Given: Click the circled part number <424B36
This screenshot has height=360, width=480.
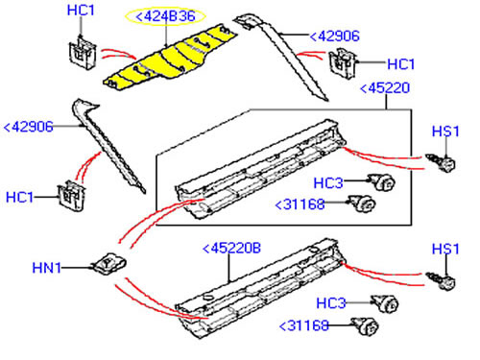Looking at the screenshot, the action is [x=165, y=16].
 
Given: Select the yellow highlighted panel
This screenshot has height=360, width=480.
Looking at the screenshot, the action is [x=170, y=58].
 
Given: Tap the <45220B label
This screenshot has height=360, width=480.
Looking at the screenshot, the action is [x=232, y=249].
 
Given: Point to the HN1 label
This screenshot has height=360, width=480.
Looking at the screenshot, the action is [x=46, y=268].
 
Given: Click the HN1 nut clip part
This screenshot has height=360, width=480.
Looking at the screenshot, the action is [x=109, y=264].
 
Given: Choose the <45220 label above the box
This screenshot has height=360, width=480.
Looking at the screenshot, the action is [x=385, y=88].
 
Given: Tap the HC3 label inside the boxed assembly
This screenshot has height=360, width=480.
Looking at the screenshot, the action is [x=328, y=183].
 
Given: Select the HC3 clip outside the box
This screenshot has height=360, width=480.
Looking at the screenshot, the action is [x=385, y=303].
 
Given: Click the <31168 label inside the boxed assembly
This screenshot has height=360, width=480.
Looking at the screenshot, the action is [x=300, y=204].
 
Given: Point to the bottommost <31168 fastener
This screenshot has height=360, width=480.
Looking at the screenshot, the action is [x=366, y=326].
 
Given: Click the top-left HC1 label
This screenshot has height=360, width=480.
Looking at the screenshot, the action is [x=81, y=11].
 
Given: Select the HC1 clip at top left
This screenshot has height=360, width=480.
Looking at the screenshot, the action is [x=83, y=54].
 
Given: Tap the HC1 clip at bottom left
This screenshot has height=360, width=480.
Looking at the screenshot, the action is [x=72, y=196].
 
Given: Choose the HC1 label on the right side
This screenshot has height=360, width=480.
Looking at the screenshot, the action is [x=401, y=64].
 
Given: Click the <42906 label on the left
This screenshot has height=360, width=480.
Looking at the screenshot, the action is [x=28, y=127].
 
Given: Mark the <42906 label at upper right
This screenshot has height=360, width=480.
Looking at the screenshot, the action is [x=335, y=36].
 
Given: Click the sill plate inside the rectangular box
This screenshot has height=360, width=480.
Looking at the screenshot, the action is [x=261, y=170].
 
